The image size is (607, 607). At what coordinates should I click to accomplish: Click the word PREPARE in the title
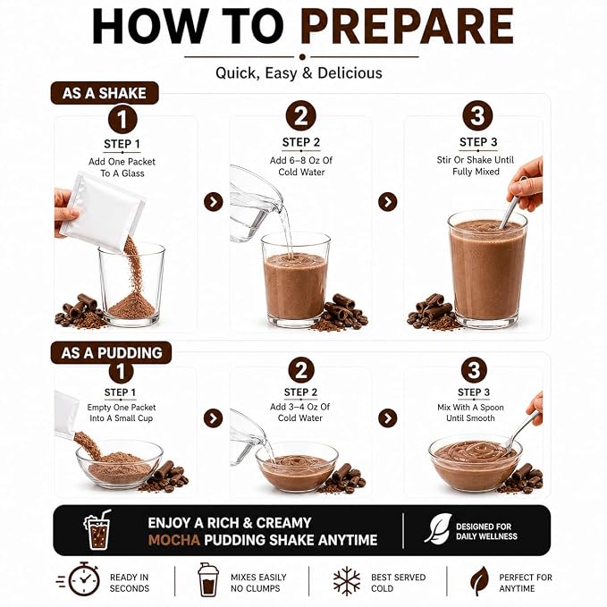coord(407,26)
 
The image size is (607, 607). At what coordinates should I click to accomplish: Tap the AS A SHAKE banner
coord(105,93)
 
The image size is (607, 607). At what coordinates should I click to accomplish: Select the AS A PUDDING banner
coord(111,352)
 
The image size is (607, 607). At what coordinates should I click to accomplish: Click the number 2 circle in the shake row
coord(300,115)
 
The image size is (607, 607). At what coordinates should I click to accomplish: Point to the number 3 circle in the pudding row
coord(474,370)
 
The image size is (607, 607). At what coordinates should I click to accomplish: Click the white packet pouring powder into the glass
coord(103,211)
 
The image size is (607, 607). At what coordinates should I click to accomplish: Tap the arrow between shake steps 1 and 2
coord(214,202)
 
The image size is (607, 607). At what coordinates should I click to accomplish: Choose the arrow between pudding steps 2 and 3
coord(387,418)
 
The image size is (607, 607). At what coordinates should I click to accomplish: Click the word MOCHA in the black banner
coord(174,540)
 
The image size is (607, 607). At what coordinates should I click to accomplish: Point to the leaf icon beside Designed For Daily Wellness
coord(438,528)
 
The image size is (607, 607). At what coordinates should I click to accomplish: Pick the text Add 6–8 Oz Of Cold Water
coord(301,166)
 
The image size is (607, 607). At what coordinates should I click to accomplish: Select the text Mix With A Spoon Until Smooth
coord(471,413)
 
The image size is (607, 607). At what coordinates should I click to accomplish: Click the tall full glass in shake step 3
coord(487,270)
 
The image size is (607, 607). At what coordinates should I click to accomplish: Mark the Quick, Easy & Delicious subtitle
coord(299,73)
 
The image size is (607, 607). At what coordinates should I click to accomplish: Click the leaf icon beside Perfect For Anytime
coord(479,581)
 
